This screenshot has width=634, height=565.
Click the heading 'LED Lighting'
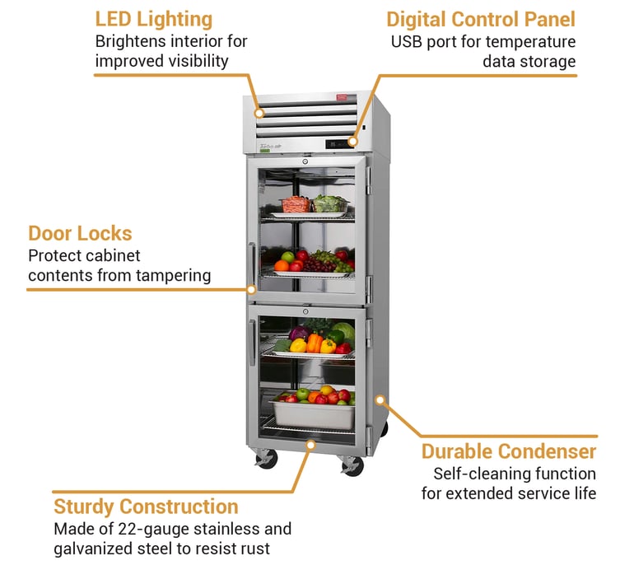pos(153,19)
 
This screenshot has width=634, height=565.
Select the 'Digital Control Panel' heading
pos(481,19)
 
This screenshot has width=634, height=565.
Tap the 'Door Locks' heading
pos(80,233)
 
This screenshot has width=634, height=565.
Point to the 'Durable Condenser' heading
pos(509,451)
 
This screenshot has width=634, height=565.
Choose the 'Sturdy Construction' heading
pos(146,507)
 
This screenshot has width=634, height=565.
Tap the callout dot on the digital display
pos(352,142)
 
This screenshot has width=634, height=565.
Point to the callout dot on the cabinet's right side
pos(380,399)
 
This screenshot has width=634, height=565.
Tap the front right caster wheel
pos(352,466)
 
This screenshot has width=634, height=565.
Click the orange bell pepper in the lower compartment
pos(315,342)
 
